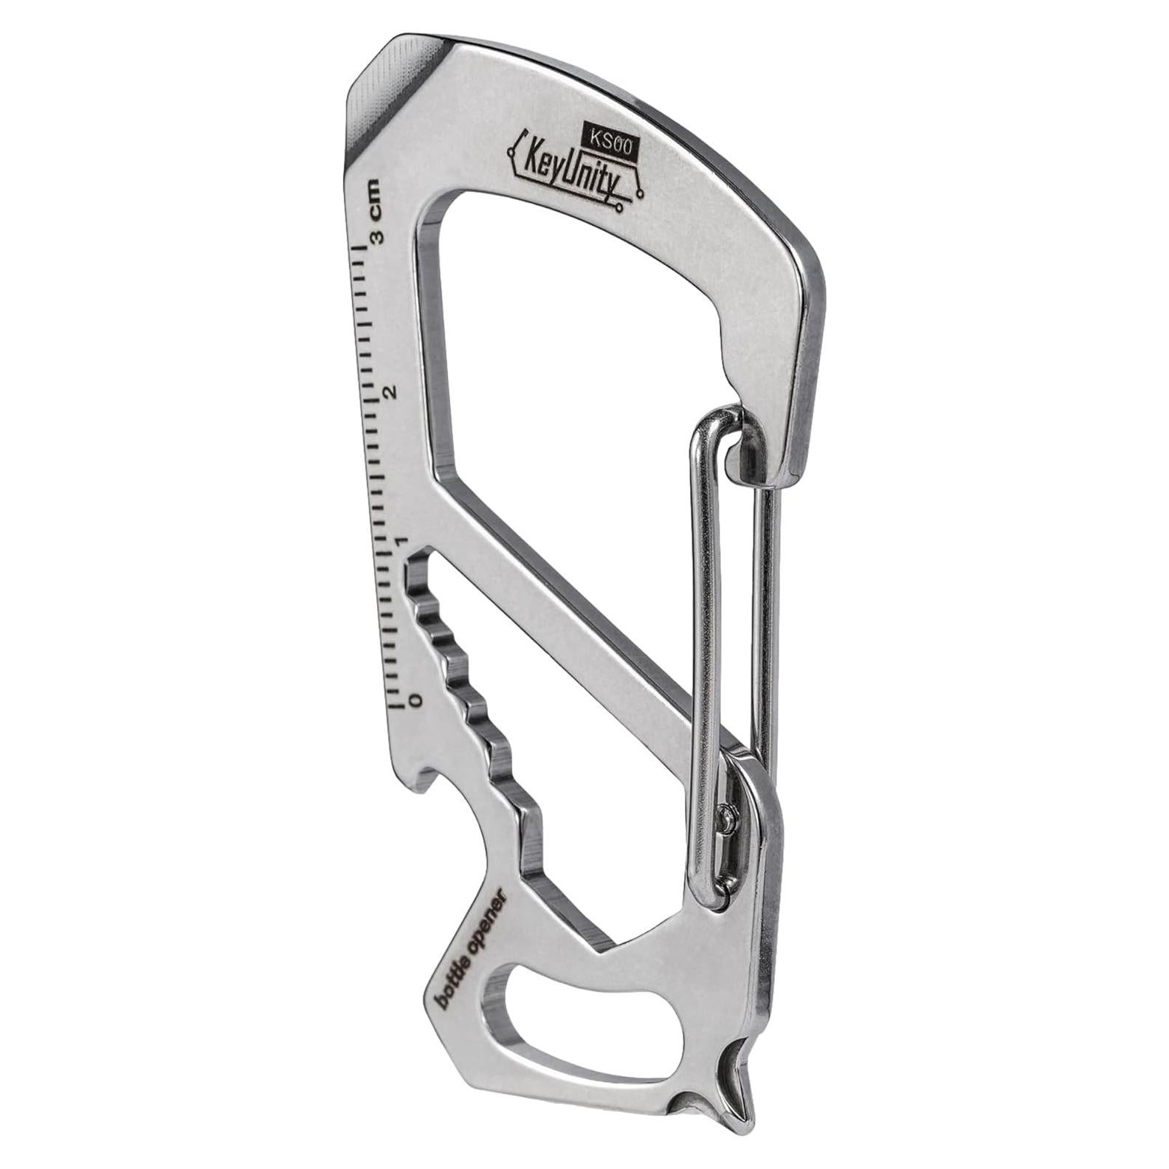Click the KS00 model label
click(610, 137)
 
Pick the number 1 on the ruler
click(401, 543)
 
